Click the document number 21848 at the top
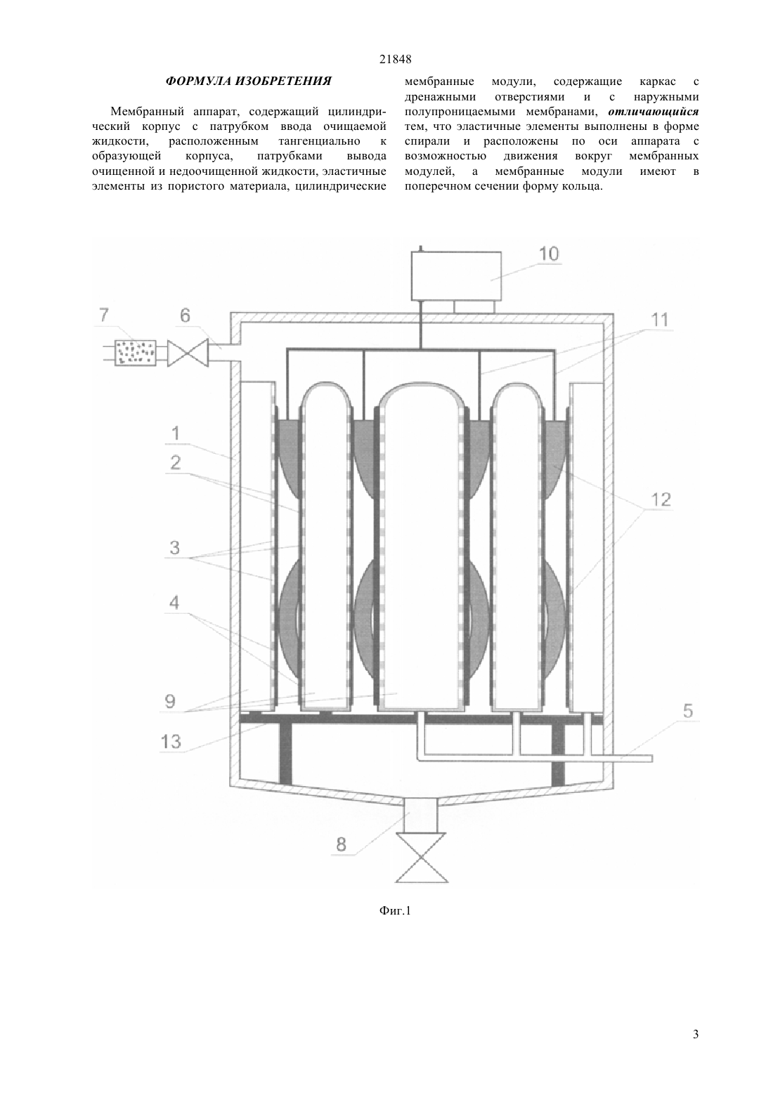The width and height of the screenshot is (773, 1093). click(395, 59)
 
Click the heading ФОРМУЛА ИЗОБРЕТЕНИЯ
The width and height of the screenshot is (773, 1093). click(248, 81)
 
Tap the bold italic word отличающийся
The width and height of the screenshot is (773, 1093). click(654, 112)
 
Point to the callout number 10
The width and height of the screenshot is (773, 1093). click(549, 254)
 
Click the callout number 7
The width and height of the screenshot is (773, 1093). click(104, 315)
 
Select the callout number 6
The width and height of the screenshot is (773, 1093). click(185, 315)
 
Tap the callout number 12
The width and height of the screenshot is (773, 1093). click(661, 499)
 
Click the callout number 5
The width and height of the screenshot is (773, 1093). click(687, 711)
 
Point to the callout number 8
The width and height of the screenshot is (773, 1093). click(341, 844)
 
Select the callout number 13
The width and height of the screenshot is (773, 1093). click(170, 742)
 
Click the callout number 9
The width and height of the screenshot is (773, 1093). click(170, 701)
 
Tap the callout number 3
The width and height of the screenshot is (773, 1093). click(174, 547)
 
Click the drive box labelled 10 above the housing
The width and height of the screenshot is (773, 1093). click(456, 275)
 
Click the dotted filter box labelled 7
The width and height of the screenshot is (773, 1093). click(135, 353)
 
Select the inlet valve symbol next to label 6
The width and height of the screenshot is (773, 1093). click(188, 353)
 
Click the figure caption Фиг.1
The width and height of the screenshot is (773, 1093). click(395, 910)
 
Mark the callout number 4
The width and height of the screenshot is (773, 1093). click(174, 603)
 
